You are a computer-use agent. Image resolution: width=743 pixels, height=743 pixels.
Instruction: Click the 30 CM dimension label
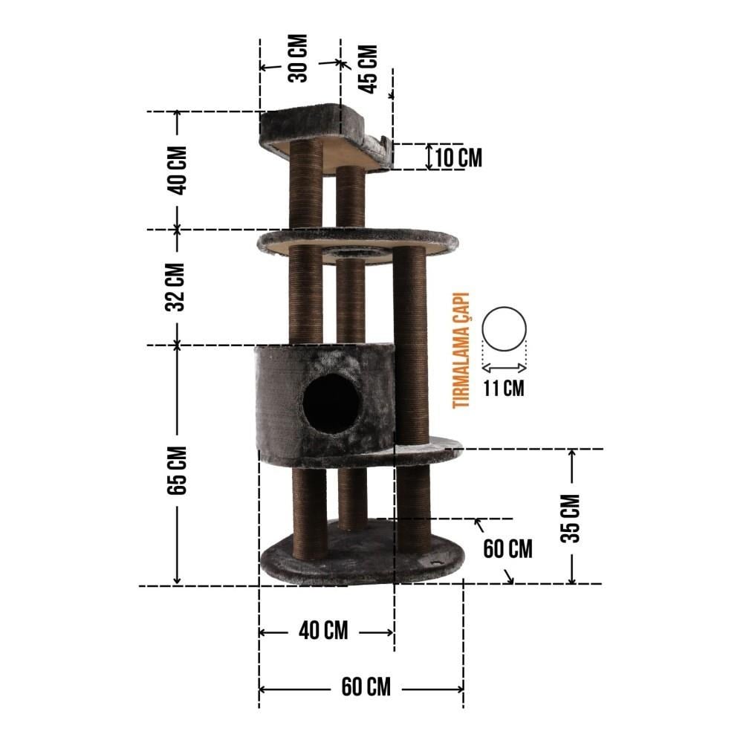coord(298,58)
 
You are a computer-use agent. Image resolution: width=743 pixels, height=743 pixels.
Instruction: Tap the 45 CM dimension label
coord(368,69)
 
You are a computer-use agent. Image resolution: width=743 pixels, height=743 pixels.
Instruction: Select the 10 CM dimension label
coord(458,158)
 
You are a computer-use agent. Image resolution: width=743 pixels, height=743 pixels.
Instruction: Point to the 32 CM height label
coord(175,287)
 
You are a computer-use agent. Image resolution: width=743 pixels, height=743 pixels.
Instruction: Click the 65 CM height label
coord(177,470)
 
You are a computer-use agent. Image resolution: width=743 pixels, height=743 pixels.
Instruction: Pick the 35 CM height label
coord(570,519)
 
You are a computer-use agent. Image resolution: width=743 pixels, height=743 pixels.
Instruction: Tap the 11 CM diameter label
coord(504,388)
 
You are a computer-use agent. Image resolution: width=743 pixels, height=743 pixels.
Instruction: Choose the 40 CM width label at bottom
coord(323,631)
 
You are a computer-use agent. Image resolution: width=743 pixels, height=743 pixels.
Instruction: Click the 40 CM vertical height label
coord(178,171)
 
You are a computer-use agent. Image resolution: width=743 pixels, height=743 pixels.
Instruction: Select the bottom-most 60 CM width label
coord(366,687)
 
